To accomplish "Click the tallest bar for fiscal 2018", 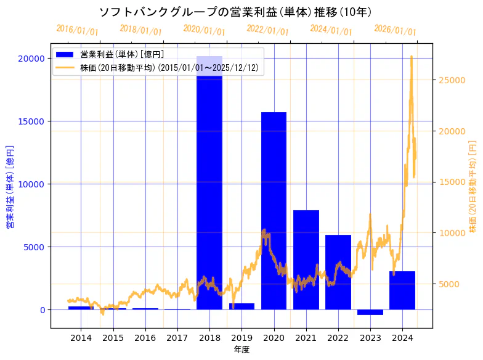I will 209,185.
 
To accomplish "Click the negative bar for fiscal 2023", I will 370,312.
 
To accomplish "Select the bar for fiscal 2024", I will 402,290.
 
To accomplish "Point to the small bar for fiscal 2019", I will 241,306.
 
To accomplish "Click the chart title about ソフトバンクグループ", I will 235,12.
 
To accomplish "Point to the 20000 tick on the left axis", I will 32,58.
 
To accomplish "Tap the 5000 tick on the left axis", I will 34,247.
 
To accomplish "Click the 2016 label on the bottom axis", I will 145,338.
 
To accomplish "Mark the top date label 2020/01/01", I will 205,30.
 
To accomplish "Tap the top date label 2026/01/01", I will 396,30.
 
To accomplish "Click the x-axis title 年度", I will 241,350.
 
